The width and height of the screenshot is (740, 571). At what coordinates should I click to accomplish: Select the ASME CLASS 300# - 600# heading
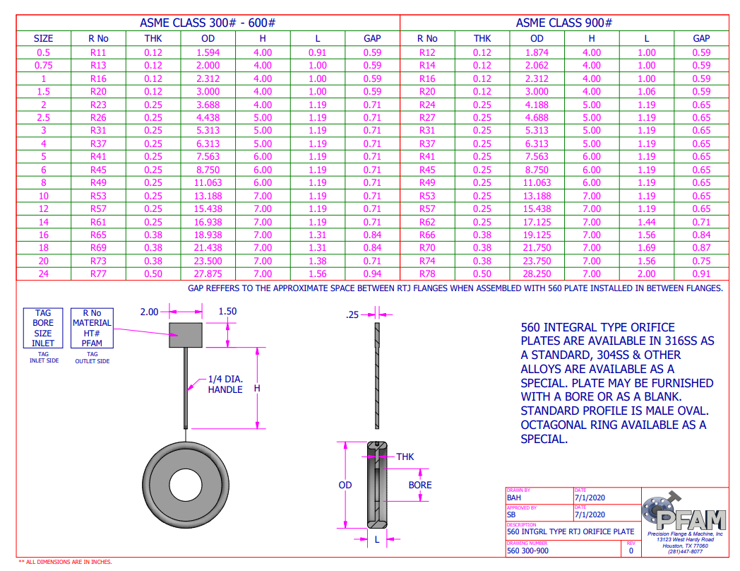pos(208,23)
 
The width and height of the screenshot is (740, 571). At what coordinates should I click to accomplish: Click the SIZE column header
pos(43,39)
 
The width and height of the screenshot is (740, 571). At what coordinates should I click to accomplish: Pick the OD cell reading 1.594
pos(208,52)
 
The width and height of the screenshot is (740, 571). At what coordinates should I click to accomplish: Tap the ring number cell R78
pos(427,273)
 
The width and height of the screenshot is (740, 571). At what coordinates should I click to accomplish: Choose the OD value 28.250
pos(537,273)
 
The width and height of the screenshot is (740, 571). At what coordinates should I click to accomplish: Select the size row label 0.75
pos(43,65)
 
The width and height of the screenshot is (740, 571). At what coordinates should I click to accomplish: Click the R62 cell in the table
pos(427,222)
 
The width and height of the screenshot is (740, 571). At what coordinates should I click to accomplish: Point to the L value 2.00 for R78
pos(646,273)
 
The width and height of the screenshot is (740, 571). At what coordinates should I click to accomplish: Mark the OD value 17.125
pos(537,222)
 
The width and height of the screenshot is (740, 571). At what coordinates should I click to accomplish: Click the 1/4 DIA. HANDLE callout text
pos(225,384)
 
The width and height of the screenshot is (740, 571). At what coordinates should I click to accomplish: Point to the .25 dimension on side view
pos(352,315)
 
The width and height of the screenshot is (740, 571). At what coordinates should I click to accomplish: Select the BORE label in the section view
pos(420,485)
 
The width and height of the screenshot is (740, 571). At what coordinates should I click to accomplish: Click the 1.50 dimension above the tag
pos(227,311)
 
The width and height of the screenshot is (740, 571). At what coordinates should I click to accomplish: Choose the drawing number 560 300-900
pos(527,551)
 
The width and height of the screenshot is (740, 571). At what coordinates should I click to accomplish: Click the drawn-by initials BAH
pos(514,498)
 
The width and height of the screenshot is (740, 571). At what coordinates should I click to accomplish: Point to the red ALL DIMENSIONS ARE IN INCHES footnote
pos(65,562)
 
